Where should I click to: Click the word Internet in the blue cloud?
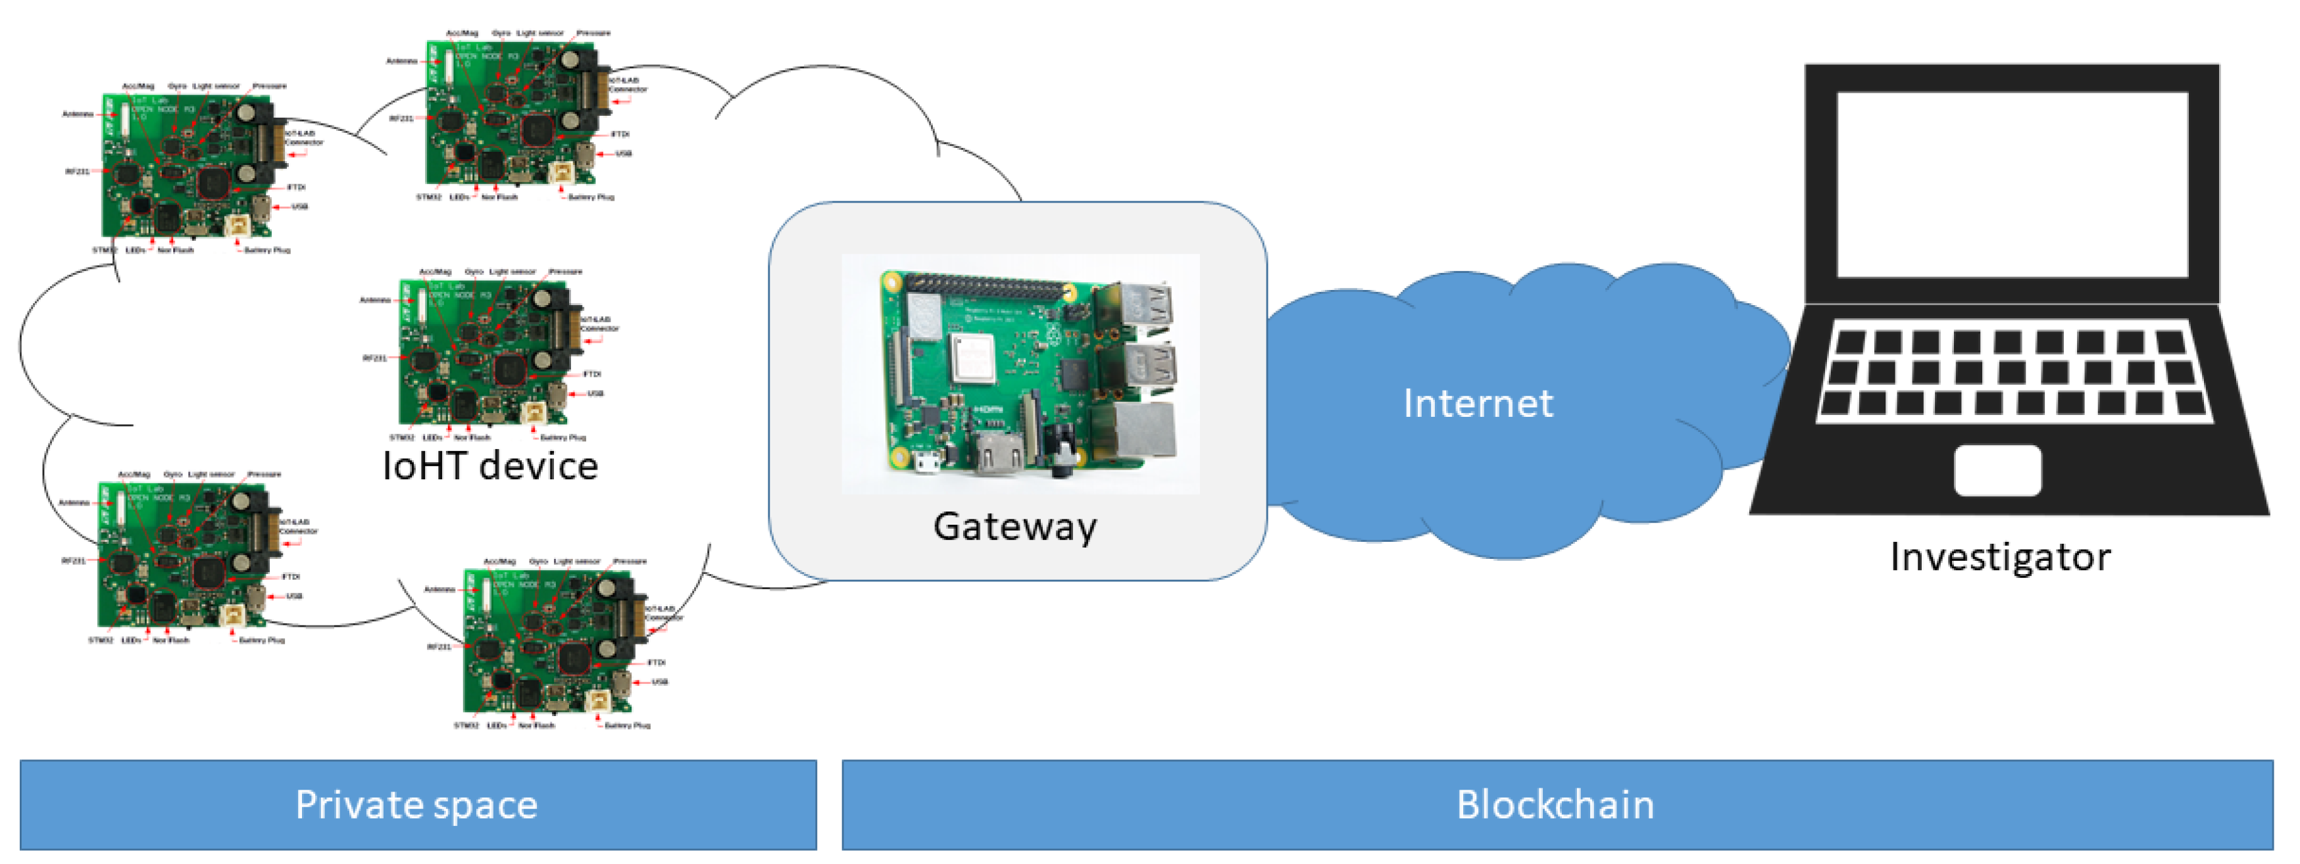click(x=1478, y=404)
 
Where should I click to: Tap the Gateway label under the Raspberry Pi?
click(x=1015, y=527)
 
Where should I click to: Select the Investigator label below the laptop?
click(x=2000, y=557)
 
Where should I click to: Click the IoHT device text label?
click(x=490, y=466)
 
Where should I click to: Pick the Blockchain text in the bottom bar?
click(x=1555, y=805)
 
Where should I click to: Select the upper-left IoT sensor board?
click(x=192, y=170)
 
